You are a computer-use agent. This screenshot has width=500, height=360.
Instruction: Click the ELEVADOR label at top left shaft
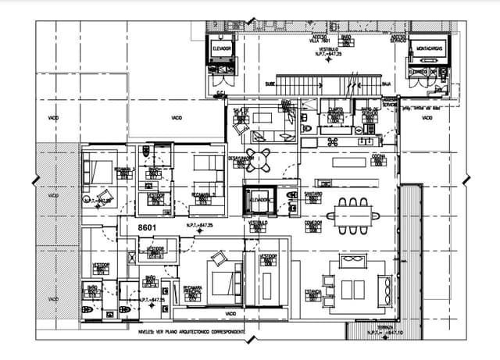222,48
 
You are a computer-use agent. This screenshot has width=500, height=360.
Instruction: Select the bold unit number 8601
148,227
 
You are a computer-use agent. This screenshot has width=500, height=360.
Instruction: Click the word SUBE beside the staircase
270,84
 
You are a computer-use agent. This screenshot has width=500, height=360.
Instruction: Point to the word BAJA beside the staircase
386,84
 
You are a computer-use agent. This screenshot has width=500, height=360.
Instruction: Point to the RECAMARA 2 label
202,194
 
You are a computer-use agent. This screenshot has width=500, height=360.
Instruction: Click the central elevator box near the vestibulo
259,200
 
